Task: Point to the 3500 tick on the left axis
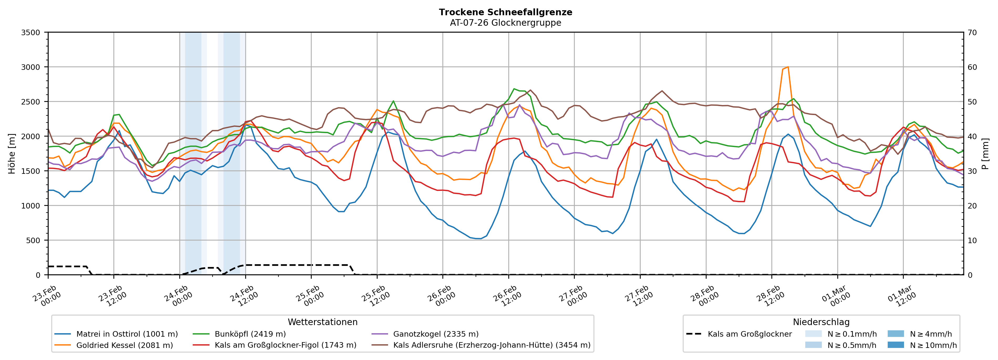click(31, 33)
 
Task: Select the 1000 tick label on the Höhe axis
click(31, 206)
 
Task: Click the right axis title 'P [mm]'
click(986, 153)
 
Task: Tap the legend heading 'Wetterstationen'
click(322, 322)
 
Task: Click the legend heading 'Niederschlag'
click(821, 322)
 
